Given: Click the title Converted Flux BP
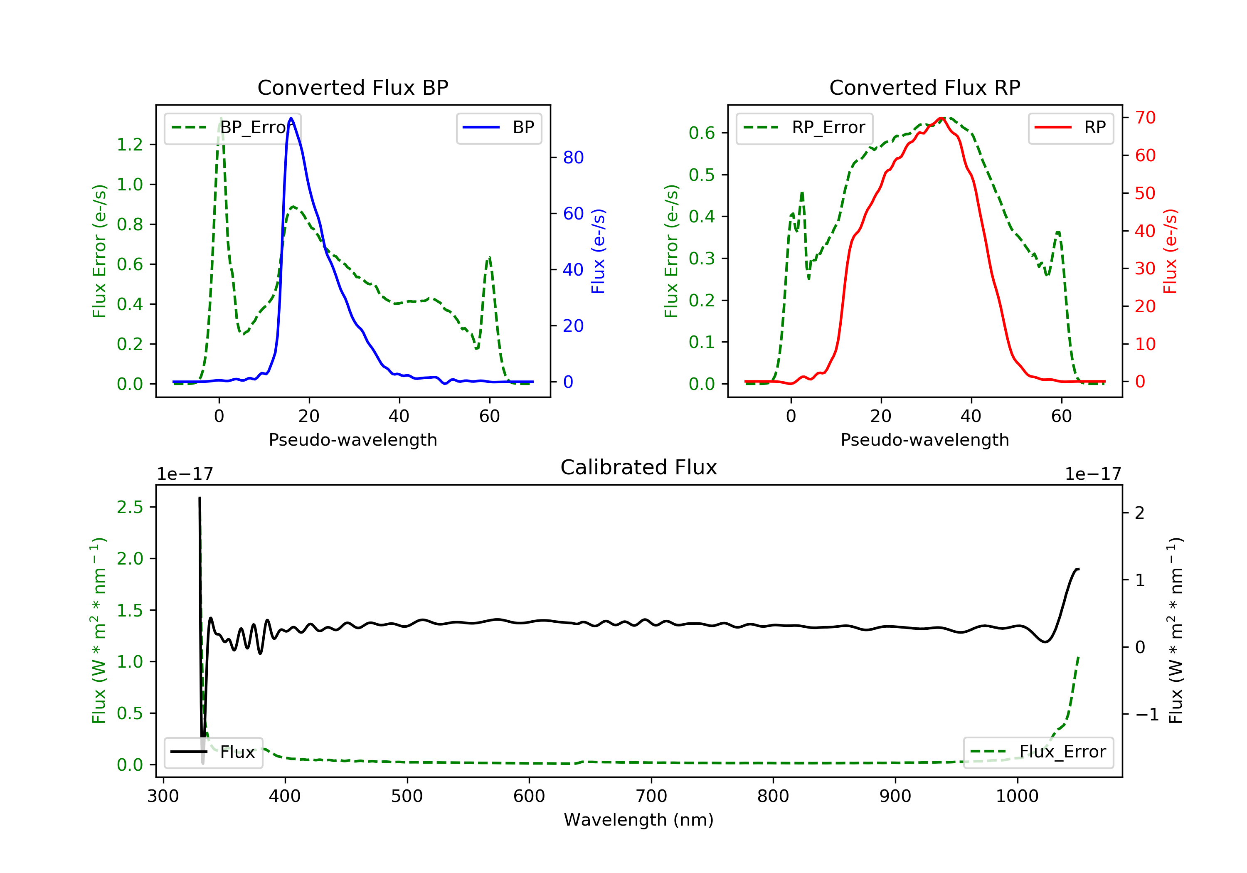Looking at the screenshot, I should [x=352, y=87].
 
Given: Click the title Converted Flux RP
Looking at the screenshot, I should [x=924, y=87].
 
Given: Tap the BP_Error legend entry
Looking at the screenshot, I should [x=232, y=128].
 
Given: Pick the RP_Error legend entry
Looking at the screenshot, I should [x=804, y=128].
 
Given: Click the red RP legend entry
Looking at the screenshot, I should [x=1070, y=128].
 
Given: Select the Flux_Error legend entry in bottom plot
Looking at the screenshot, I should [x=1038, y=752].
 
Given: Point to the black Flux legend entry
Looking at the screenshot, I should [x=214, y=752].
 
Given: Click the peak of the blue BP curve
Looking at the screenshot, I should [x=291, y=118].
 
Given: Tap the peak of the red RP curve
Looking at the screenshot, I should [x=942, y=118].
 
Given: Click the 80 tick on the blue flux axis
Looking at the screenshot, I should [x=573, y=158].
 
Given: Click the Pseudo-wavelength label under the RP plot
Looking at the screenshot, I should [x=924, y=439].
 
